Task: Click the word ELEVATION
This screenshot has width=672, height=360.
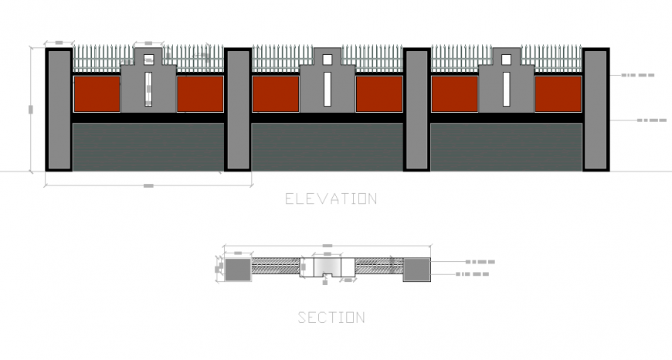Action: pos(331,199)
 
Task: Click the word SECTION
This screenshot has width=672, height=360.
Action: pos(331,317)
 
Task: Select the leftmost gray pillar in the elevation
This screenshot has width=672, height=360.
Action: pos(59,110)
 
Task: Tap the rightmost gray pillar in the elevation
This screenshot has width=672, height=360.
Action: pos(596,110)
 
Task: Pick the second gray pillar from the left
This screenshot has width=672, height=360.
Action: pos(238,110)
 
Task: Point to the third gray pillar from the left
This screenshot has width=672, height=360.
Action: pos(416,110)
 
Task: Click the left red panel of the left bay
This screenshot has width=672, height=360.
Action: pos(97,94)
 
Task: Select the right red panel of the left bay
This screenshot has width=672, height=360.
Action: pos(200,94)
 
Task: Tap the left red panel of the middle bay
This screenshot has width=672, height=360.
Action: pos(276,94)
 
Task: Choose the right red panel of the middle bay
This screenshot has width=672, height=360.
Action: pos(379,94)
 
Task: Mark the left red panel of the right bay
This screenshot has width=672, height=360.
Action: pos(455,94)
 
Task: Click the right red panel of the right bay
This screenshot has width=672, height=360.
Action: pos(558,94)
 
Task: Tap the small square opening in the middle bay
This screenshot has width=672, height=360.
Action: pos(328,59)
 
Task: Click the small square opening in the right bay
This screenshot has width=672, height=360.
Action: pos(507,59)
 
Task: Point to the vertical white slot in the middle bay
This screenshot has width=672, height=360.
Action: pos(328,89)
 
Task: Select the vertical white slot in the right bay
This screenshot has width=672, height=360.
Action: pos(507,89)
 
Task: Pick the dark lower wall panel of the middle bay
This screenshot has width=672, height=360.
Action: pos(327,147)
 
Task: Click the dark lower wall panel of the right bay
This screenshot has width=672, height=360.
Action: pos(506,147)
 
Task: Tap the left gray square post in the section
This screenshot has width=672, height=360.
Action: pos(237,269)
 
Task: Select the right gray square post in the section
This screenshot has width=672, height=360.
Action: pos(416,269)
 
